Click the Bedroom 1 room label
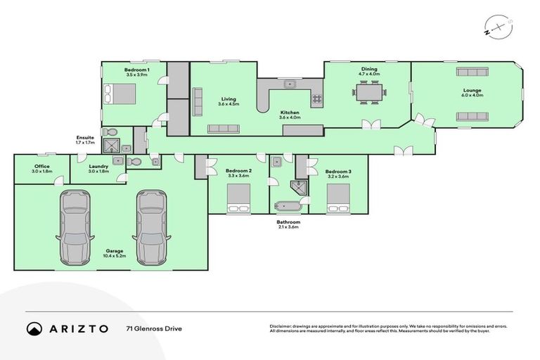(134, 70)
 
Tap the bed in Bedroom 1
(120, 93)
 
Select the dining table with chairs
(370, 91)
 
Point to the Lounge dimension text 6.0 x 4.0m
(472, 95)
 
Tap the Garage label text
(115, 250)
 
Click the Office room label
(41, 167)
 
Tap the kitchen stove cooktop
(317, 98)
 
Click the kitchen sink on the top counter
(288, 84)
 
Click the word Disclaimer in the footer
(281, 326)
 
